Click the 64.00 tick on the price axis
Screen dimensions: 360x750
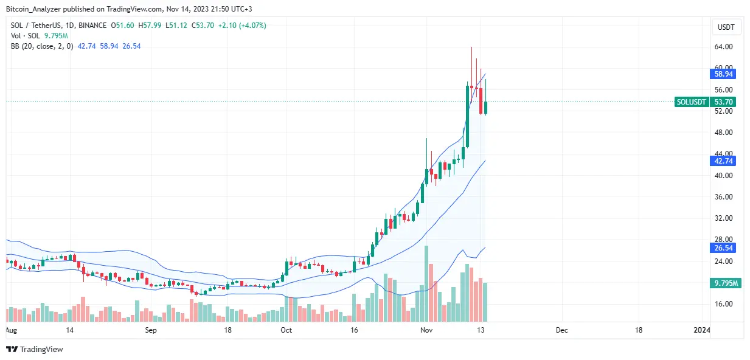point(723,47)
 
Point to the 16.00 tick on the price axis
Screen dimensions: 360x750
point(723,304)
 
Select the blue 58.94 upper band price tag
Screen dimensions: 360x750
point(723,74)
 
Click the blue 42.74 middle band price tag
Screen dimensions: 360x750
point(723,161)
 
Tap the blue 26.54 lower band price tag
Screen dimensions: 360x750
point(723,247)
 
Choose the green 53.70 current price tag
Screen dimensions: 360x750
point(723,102)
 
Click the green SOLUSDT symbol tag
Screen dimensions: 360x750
point(692,102)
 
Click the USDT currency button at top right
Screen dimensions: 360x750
point(725,27)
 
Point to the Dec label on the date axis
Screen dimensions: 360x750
point(561,330)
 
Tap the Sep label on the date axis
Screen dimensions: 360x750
point(151,330)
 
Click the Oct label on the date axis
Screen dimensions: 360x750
point(286,330)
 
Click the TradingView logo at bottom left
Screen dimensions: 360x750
point(35,349)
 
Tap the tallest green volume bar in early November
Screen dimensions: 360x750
point(427,283)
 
